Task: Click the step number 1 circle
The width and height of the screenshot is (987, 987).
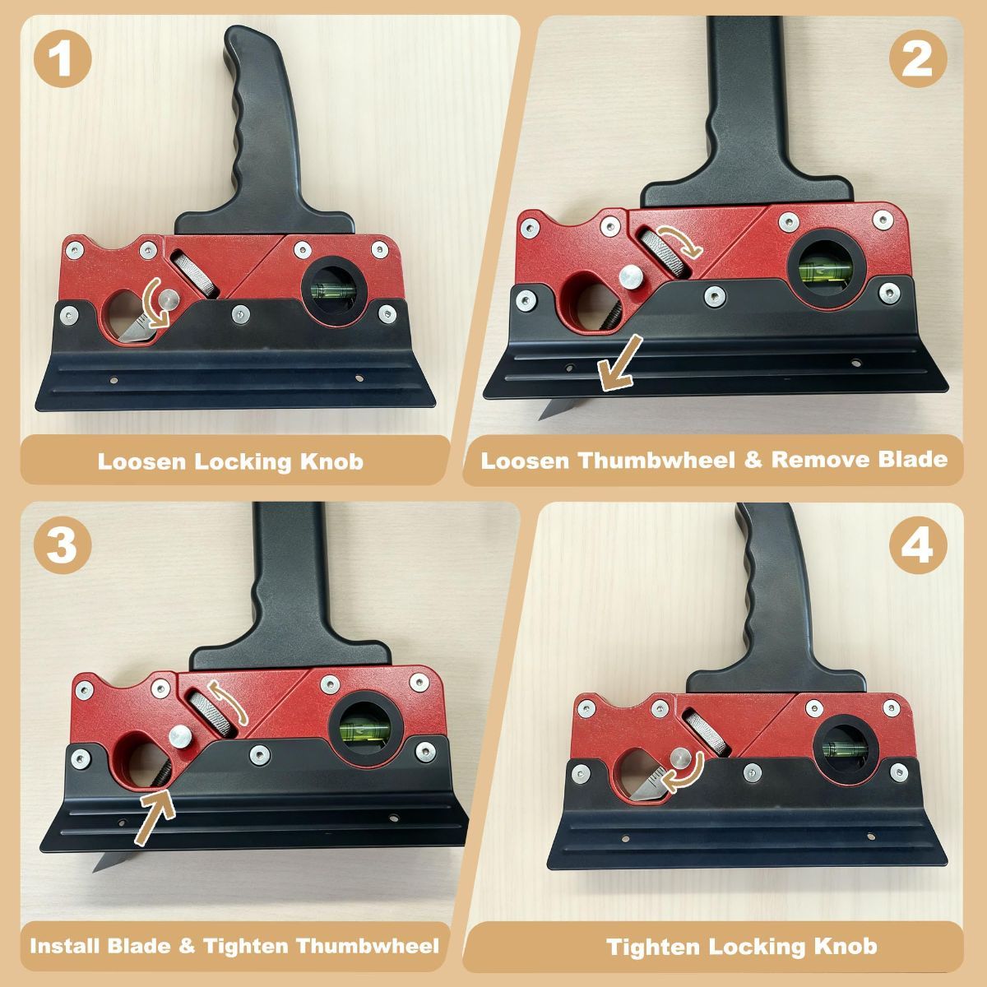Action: [63, 58]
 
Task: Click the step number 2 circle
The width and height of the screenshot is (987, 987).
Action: [918, 58]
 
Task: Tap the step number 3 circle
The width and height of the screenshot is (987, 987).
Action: [63, 545]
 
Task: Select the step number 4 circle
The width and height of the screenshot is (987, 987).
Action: [918, 545]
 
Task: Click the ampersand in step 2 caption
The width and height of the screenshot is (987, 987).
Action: [753, 460]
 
